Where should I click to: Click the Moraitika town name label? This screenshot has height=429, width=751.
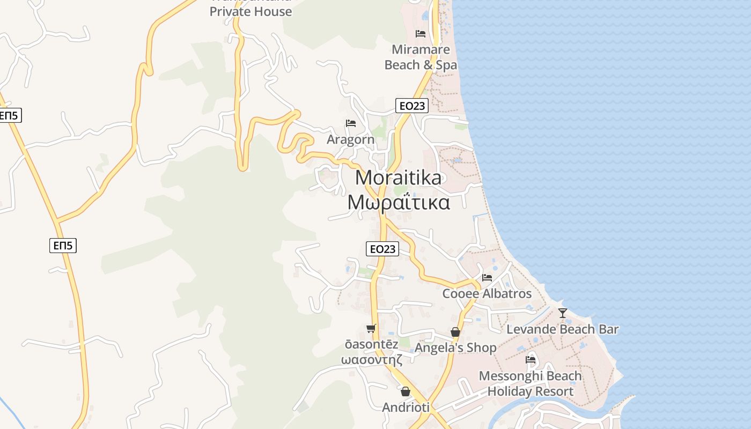tap(399, 177)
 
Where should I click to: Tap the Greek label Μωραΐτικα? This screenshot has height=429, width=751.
tap(399, 203)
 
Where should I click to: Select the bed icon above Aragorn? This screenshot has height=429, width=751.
tap(351, 123)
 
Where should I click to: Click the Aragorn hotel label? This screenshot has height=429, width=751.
tap(351, 140)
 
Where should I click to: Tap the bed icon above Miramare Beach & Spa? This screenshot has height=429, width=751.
tap(421, 34)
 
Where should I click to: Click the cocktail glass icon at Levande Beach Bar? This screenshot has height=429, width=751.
tap(562, 313)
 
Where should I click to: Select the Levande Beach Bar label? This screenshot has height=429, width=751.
tap(562, 329)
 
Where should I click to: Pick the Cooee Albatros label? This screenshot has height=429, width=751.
tap(487, 294)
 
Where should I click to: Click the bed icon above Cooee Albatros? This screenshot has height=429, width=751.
tap(487, 277)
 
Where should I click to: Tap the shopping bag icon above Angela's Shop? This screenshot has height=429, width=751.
tap(455, 332)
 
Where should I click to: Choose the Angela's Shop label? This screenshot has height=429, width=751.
tap(455, 348)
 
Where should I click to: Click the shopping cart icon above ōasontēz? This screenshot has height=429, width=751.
tap(371, 328)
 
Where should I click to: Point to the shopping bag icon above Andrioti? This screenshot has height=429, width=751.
tap(406, 391)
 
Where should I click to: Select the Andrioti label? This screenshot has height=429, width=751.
tap(406, 408)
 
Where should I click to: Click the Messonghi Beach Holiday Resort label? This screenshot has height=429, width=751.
tap(530, 383)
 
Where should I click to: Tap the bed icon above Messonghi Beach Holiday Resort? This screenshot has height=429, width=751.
tap(531, 359)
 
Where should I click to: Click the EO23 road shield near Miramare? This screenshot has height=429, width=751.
tap(412, 106)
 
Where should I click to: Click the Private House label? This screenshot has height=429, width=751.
tap(251, 11)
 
